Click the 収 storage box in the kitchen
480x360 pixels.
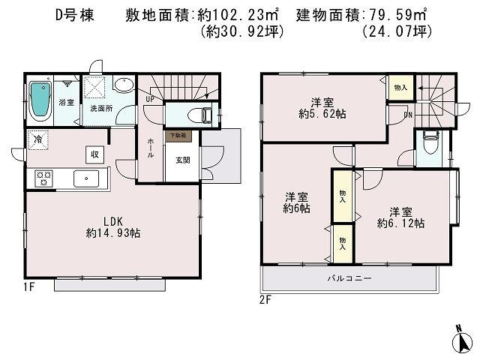coord(96,153)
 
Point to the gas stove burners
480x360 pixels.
coord(43,178)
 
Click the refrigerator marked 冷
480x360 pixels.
coord(37,139)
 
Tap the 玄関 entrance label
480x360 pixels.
coord(183,159)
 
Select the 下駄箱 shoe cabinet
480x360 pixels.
coord(177,136)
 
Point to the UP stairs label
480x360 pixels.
coord(150,97)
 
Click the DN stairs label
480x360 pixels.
coord(409,115)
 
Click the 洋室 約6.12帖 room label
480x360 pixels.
coord(400,217)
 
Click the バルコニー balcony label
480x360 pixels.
coord(349,278)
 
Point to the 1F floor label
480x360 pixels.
coord(29,286)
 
